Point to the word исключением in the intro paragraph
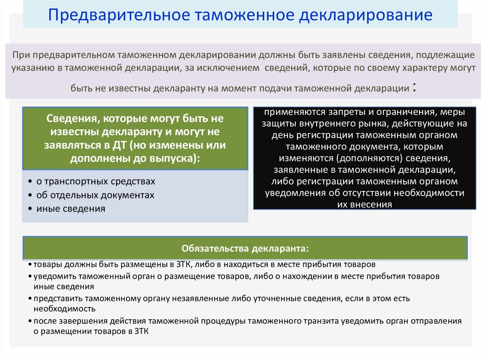(x=230, y=68)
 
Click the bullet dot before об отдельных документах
(x=30, y=195)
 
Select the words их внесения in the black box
(x=365, y=204)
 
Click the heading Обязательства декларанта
(x=245, y=248)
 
